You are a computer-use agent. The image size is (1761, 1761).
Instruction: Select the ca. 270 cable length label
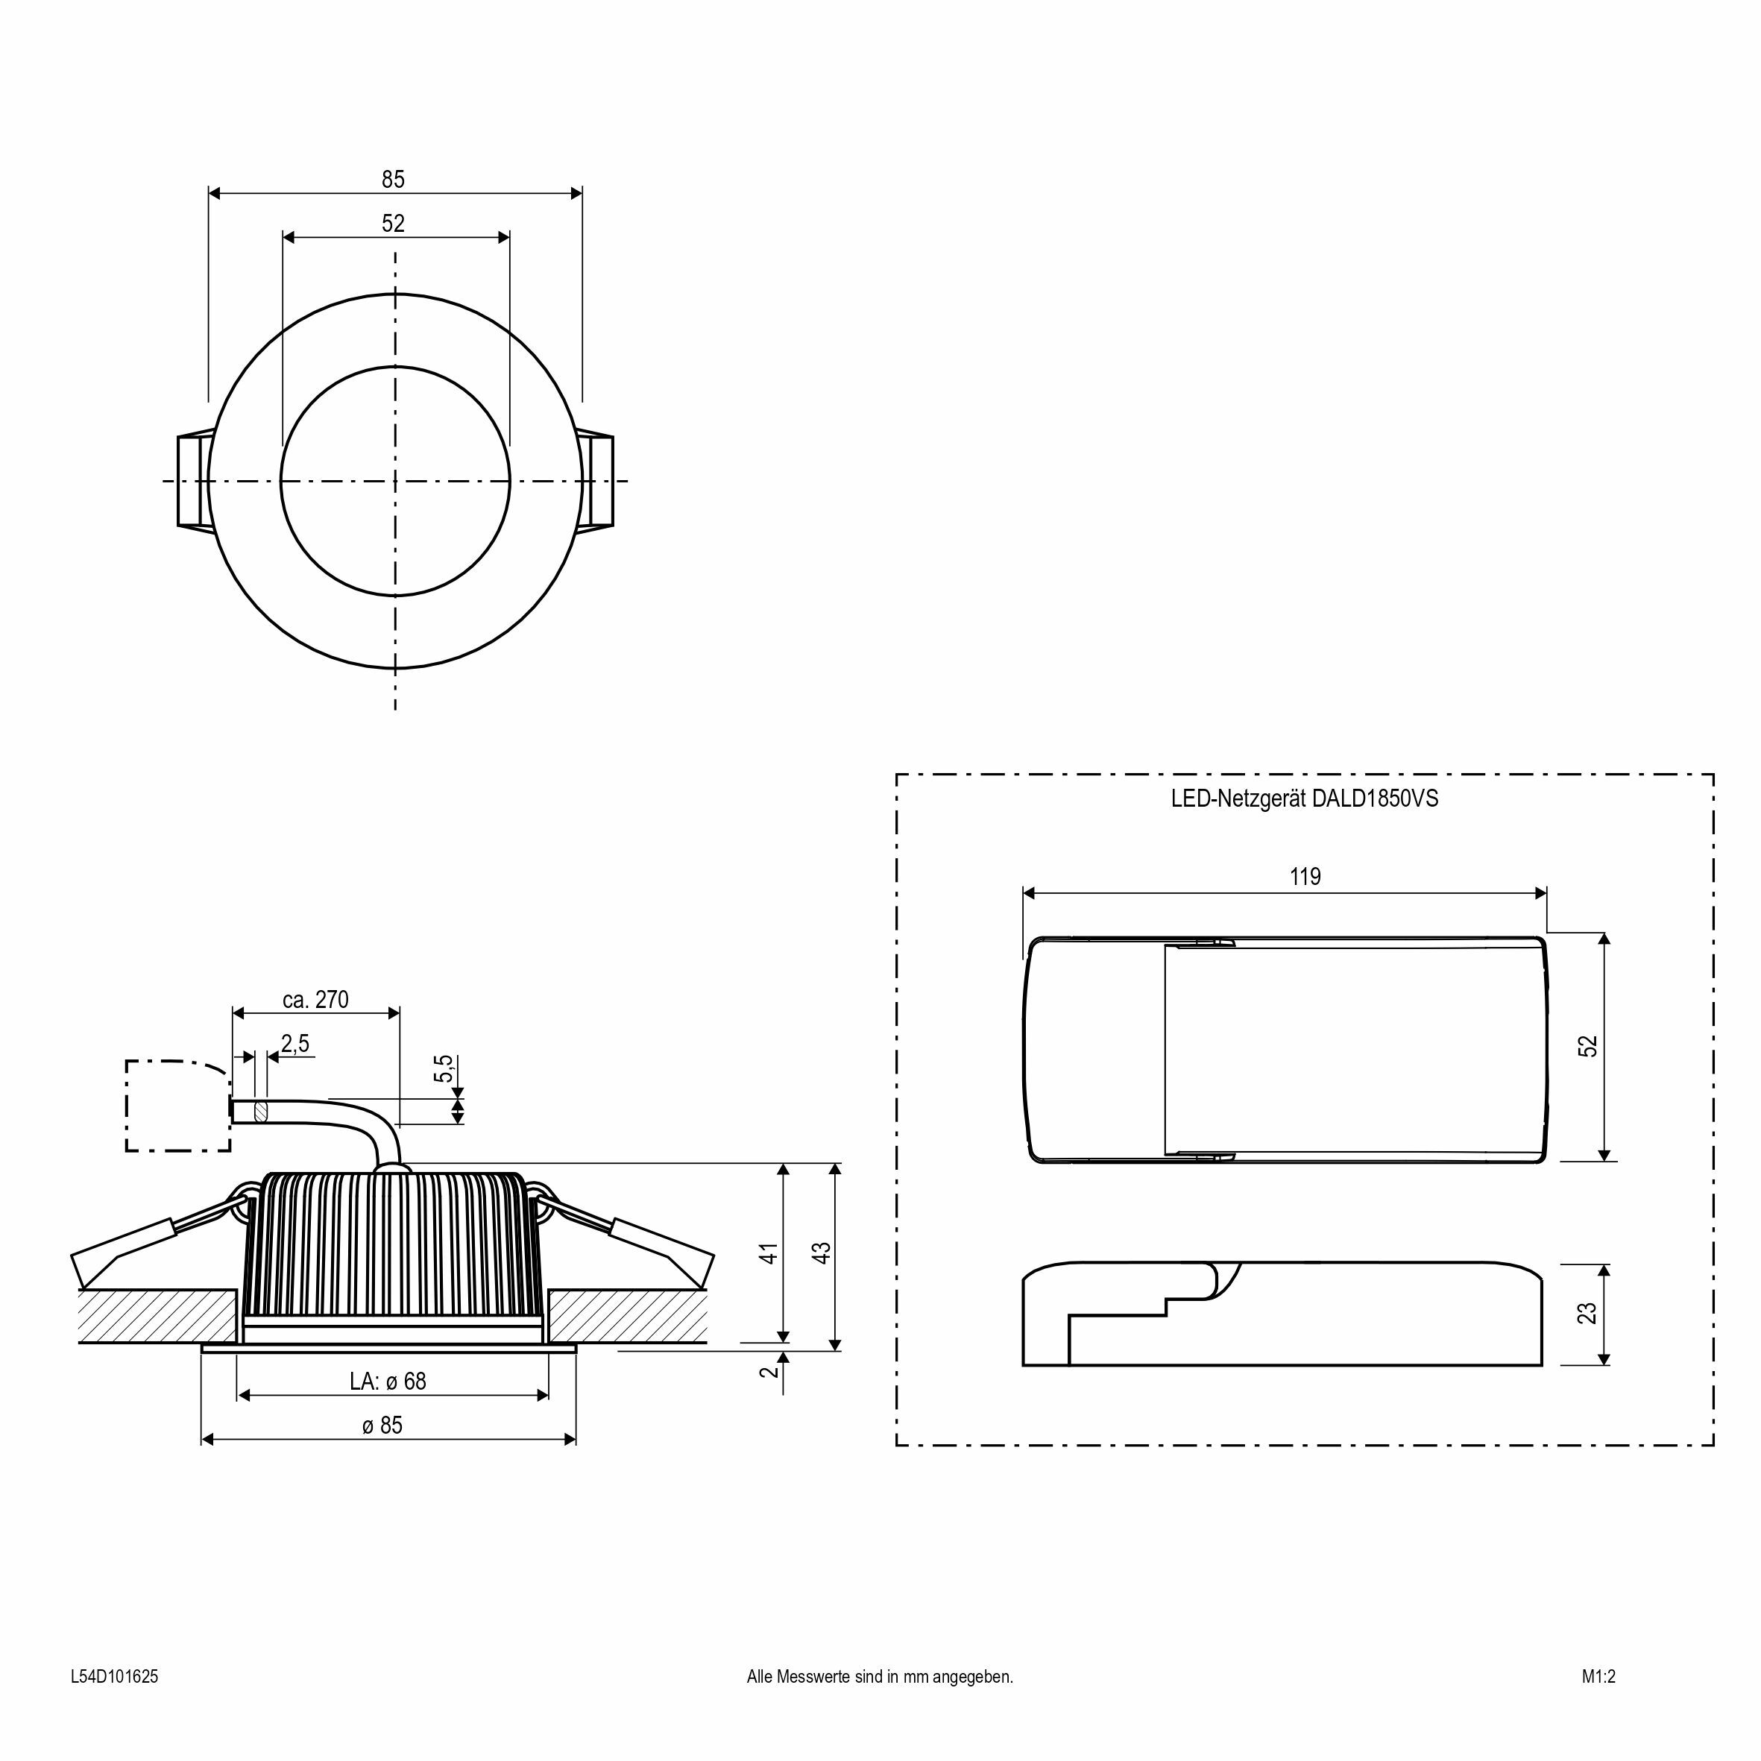315,1000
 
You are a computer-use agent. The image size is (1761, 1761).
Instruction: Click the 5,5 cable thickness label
444,1068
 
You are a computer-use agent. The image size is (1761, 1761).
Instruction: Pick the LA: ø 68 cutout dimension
388,1382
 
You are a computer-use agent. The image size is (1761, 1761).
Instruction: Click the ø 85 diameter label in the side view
382,1426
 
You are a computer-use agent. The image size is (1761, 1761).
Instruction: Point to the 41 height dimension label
769,1253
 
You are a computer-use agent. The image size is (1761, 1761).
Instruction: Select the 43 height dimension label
822,1253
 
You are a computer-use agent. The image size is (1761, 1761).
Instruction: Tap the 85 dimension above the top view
393,180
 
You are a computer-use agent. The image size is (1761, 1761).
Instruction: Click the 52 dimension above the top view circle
393,224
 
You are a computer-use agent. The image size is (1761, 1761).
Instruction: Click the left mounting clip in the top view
193,480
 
